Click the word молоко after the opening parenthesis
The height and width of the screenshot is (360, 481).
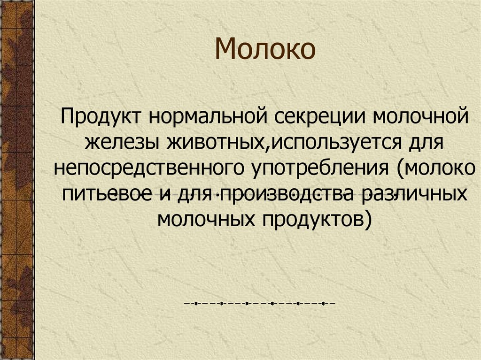click(x=439, y=168)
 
